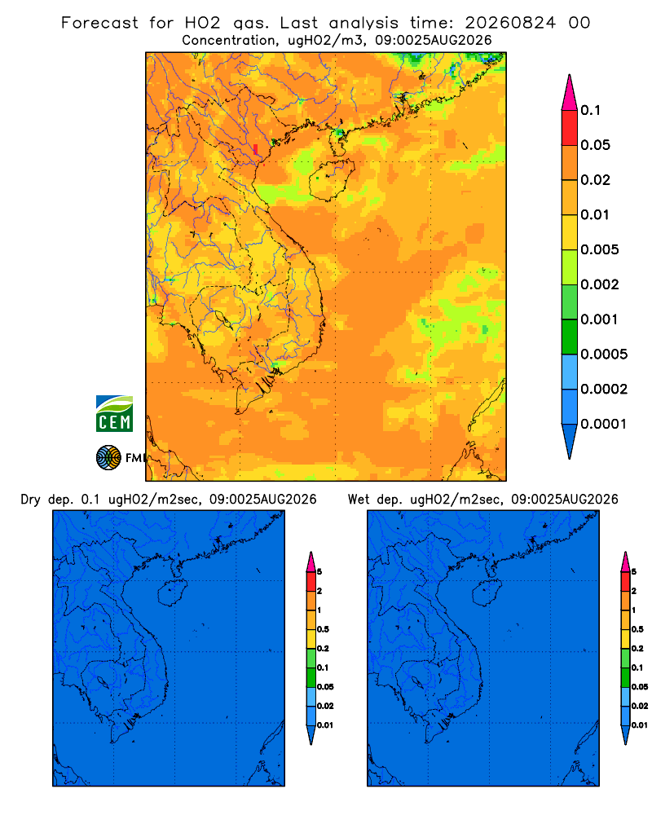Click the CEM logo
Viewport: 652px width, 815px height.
(x=114, y=414)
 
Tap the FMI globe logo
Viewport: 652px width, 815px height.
(x=108, y=458)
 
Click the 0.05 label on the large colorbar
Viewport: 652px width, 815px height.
(x=595, y=145)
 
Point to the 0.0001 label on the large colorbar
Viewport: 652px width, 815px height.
(x=603, y=424)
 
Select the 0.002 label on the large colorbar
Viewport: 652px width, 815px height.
(x=600, y=284)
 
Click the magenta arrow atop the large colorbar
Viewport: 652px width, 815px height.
(x=570, y=92)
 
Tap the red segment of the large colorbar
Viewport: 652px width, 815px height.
(x=570, y=128)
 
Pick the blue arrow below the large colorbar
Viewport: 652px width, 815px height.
(x=570, y=441)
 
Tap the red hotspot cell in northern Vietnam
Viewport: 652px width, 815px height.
(x=255, y=149)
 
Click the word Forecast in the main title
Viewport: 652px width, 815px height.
(x=99, y=23)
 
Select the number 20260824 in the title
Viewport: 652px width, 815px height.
(x=510, y=23)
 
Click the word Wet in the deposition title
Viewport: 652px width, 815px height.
(x=359, y=500)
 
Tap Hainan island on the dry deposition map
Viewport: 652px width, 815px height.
(x=172, y=593)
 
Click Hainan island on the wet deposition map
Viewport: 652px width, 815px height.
(x=487, y=593)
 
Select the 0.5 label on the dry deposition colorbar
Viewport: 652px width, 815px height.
(x=323, y=629)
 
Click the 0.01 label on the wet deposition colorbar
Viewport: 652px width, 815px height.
(x=640, y=725)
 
